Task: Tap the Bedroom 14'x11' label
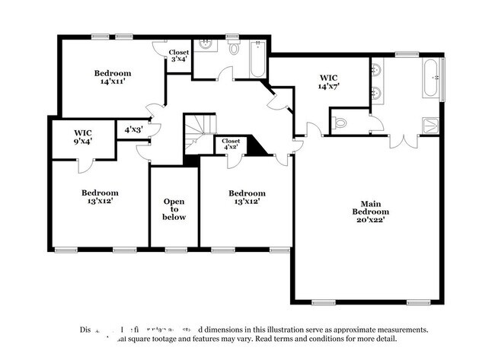[113, 78]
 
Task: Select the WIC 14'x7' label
[329, 81]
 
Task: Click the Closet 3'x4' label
[179, 56]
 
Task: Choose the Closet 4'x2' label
[231, 144]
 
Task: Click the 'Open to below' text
[174, 209]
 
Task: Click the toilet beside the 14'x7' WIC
[340, 122]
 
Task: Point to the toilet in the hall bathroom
[234, 48]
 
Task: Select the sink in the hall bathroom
[205, 45]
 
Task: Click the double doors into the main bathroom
[403, 142]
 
